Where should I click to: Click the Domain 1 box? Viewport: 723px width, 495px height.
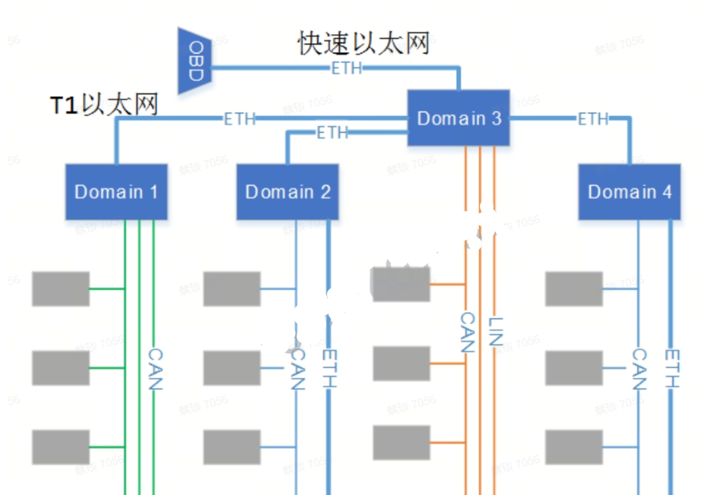point(116,192)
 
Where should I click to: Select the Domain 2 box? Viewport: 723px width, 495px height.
point(287,192)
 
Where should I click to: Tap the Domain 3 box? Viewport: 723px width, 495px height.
point(459,118)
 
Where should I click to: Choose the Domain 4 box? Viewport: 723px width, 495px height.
point(629,192)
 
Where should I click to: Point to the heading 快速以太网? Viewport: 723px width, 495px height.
point(364,43)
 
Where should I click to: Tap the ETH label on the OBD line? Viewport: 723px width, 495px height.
point(346,69)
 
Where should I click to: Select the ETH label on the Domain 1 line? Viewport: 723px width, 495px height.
point(239,119)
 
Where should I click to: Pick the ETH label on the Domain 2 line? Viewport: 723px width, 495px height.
point(333,133)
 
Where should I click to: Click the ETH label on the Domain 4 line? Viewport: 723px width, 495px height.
point(593,119)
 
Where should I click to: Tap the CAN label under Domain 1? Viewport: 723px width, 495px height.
point(155,369)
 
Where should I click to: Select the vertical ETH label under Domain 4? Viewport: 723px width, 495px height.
point(672,369)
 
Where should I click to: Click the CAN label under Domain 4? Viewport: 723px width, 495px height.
point(639,369)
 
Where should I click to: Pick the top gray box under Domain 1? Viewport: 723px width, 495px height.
point(61,289)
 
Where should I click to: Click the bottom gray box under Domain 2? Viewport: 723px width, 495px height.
point(232,447)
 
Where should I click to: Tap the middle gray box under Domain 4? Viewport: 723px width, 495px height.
point(573,368)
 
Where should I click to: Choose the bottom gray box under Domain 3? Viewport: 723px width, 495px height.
point(401,442)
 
